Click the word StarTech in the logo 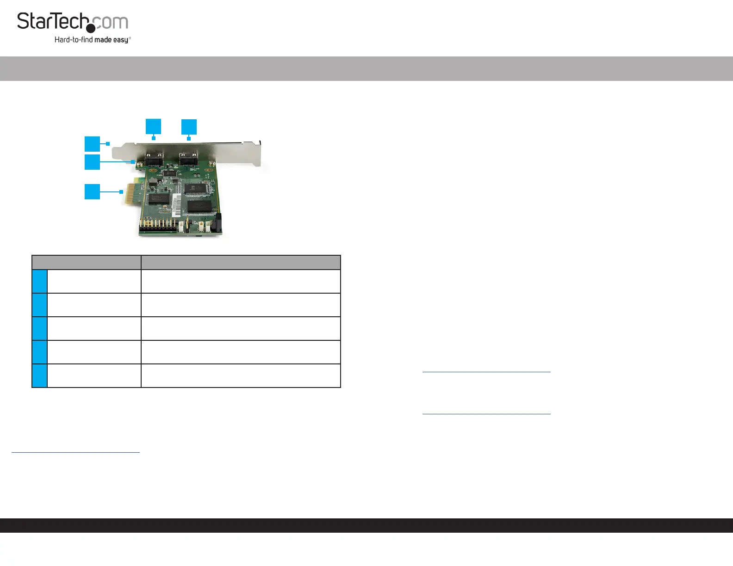[52, 22]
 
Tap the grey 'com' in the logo [112, 22]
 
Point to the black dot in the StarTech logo [91, 29]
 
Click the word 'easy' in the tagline [121, 40]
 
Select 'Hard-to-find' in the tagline [74, 40]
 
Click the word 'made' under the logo [103, 40]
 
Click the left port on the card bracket [154, 159]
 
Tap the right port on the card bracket [188, 159]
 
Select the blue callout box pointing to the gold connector [92, 191]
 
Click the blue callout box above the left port [153, 126]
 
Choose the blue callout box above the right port [189, 127]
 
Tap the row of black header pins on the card [158, 226]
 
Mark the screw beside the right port [211, 163]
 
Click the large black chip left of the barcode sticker [158, 199]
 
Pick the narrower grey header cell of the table [87, 262]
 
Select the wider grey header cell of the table [241, 262]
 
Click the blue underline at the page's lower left [75, 452]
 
